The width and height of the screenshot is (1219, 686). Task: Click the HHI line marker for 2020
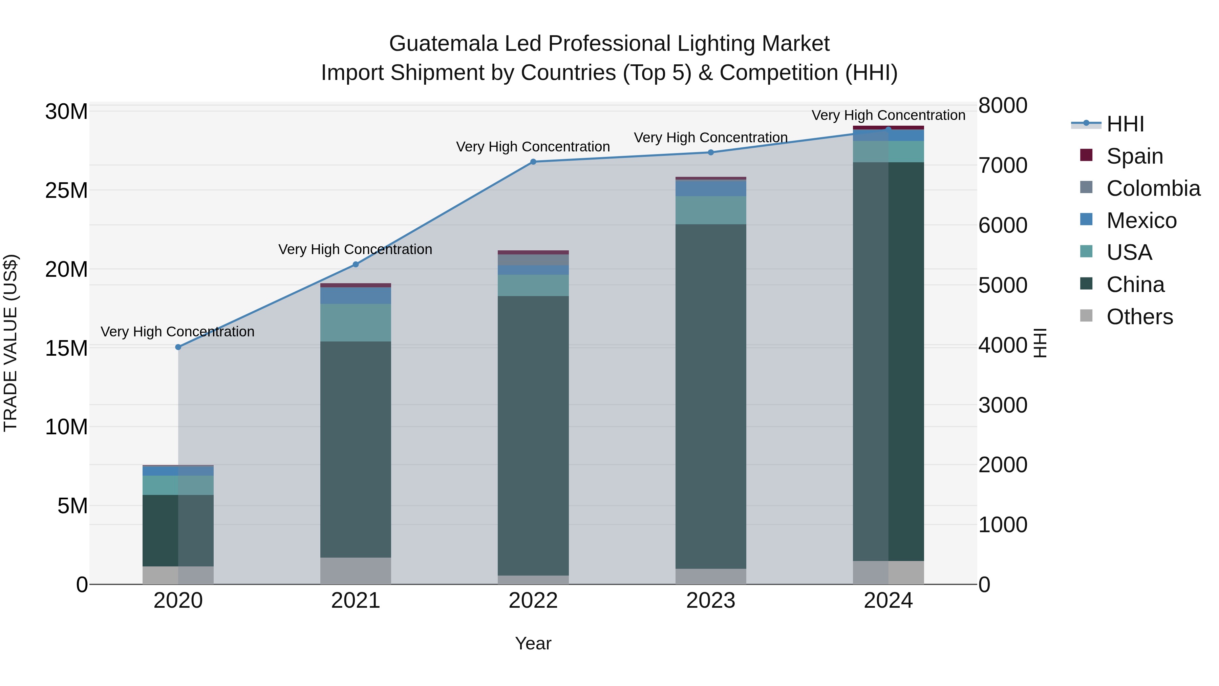coord(178,347)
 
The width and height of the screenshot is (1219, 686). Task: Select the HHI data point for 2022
coord(533,162)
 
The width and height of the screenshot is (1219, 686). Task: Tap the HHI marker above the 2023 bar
coord(710,152)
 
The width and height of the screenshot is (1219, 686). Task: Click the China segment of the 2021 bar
coord(356,450)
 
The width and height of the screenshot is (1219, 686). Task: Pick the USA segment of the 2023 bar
coord(710,210)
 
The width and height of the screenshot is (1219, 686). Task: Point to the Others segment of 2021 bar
coord(356,571)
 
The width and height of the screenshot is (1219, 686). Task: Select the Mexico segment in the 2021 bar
coord(356,296)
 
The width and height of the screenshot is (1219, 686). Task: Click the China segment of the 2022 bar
coord(533,436)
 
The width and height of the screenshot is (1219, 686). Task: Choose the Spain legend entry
coord(1134,156)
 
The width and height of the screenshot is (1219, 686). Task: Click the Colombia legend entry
coord(1153,188)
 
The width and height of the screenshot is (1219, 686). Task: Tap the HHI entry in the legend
coord(1125,124)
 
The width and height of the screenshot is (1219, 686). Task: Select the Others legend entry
coord(1139,317)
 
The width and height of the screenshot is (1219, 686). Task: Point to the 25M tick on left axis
coord(66,190)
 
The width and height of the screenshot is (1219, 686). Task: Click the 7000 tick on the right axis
coord(1002,165)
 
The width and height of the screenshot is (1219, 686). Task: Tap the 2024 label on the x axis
coord(888,601)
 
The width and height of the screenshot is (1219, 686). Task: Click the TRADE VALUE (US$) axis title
coord(10,343)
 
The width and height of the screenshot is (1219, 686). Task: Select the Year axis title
coord(533,643)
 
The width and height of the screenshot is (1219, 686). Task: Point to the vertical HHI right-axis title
coord(1040,343)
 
